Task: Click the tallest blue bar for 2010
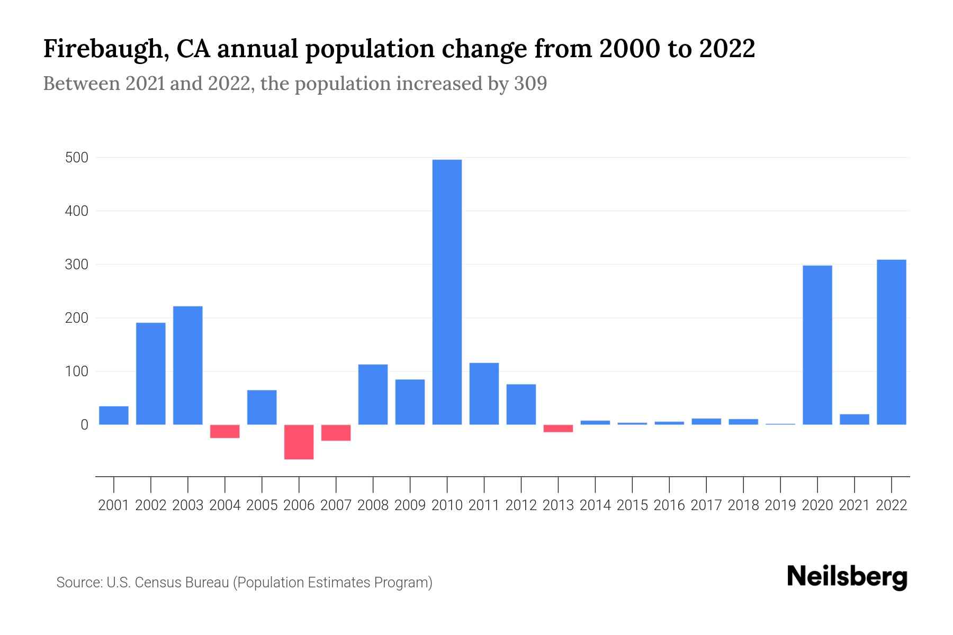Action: [447, 292]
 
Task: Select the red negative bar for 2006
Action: [299, 442]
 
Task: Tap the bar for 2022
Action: [891, 342]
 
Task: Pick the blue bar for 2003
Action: [188, 365]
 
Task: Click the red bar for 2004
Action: [224, 431]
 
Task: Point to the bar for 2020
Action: [817, 345]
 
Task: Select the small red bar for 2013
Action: [558, 428]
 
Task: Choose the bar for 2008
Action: [373, 394]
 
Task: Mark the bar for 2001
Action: [114, 415]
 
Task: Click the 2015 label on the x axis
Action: [632, 505]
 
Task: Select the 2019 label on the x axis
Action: [780, 505]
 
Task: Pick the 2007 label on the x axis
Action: [336, 505]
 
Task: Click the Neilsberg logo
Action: [847, 577]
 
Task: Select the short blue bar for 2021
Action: [854, 419]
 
